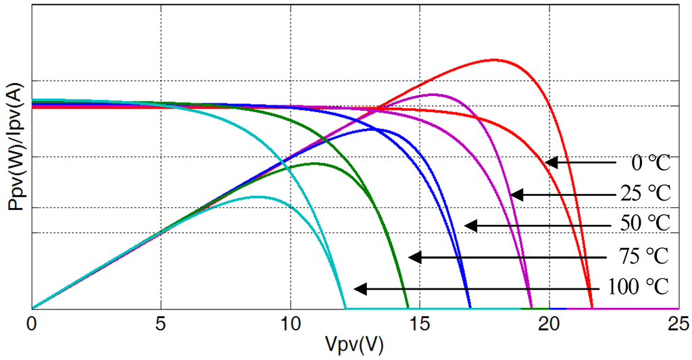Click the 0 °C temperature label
[650, 163]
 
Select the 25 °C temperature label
[645, 194]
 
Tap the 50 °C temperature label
[645, 224]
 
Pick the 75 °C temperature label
[643, 257]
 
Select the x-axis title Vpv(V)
[354, 345]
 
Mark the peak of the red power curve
[495, 59]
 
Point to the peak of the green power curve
[314, 163]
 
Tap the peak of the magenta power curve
[432, 95]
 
